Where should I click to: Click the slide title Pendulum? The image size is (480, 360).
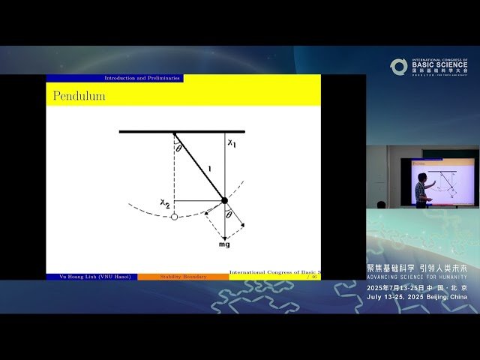point(79,96)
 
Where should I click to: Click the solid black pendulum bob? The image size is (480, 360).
point(223,200)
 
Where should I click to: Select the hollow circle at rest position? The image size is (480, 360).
point(174,217)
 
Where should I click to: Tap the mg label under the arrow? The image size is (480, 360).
point(223,245)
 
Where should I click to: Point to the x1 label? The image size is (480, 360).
point(232,143)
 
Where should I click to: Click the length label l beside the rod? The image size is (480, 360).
point(210,169)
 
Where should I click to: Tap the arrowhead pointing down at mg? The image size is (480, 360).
point(223,236)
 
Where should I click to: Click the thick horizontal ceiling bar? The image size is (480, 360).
point(181,132)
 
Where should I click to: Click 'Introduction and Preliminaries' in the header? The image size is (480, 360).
point(142,78)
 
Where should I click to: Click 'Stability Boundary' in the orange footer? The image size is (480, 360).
point(183,277)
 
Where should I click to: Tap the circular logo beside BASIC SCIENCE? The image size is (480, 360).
point(398,66)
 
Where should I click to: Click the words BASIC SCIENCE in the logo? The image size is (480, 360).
point(439,65)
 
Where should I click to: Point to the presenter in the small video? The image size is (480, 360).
point(421,190)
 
